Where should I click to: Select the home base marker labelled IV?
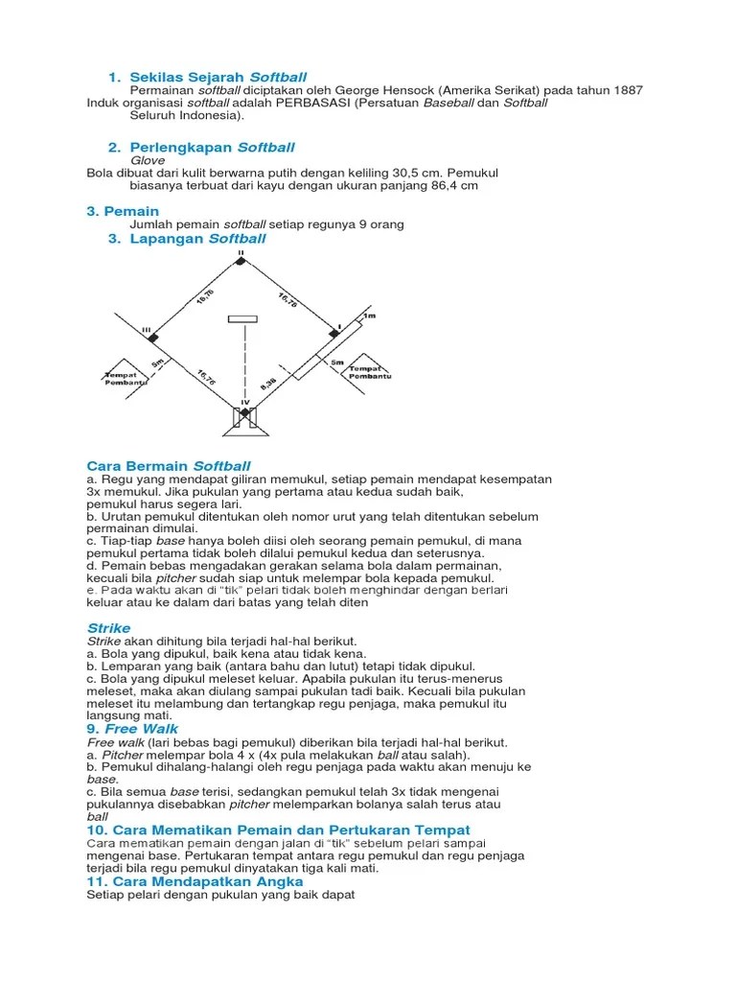[244, 412]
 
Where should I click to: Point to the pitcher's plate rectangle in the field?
[242, 318]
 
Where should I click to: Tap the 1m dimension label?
[370, 316]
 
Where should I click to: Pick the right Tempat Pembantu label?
[370, 372]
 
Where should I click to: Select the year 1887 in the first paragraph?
[623, 90]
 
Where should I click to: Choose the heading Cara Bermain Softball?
[169, 465]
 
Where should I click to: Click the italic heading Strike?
[108, 628]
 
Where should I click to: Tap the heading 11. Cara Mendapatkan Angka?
[195, 880]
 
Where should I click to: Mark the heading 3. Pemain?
[123, 211]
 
